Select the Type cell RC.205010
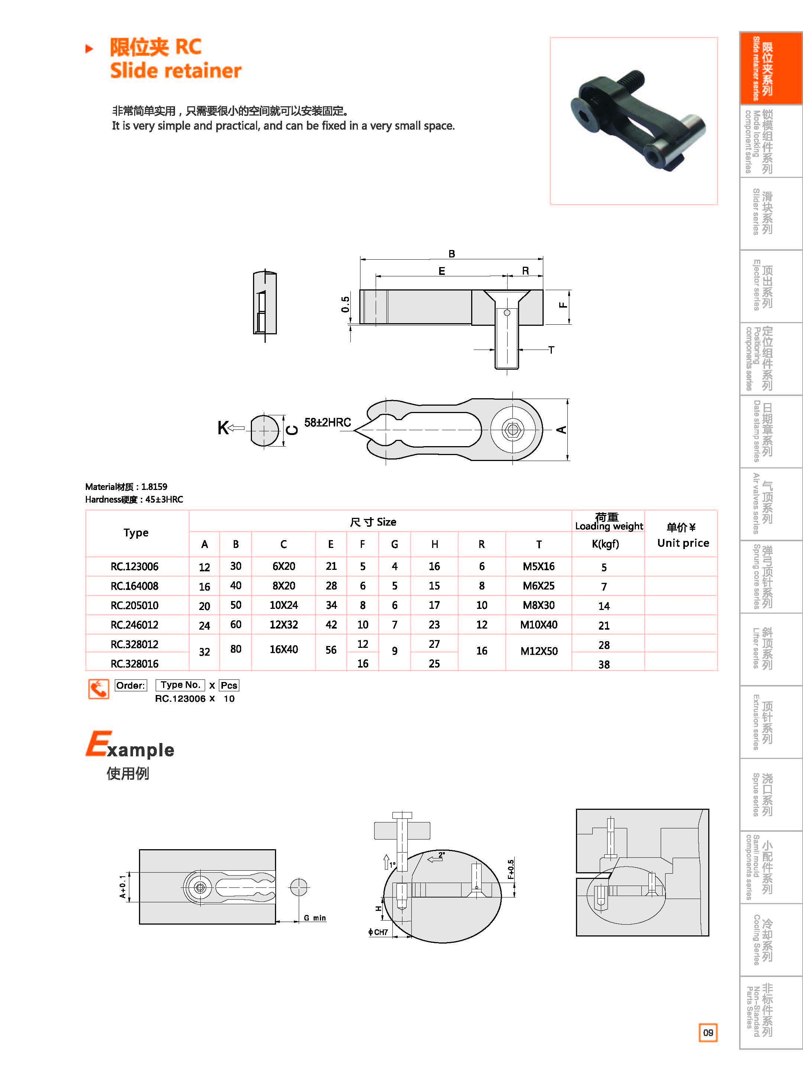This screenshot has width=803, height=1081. [135, 606]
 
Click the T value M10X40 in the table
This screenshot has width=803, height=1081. [538, 625]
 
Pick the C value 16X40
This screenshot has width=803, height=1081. [284, 650]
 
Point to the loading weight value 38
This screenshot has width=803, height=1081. [604, 664]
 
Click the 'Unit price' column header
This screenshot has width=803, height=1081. [683, 543]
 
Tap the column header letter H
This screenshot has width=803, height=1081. [434, 545]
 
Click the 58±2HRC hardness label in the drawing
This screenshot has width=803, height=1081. [327, 422]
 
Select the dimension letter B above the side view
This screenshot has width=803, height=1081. [451, 254]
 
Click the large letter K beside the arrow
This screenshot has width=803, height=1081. [223, 428]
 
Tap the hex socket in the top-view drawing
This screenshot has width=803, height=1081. [512, 429]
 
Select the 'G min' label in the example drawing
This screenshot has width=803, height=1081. [314, 918]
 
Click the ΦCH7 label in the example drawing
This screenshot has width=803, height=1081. [378, 932]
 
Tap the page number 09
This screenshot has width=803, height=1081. [708, 1032]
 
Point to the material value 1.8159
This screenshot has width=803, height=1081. [154, 487]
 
